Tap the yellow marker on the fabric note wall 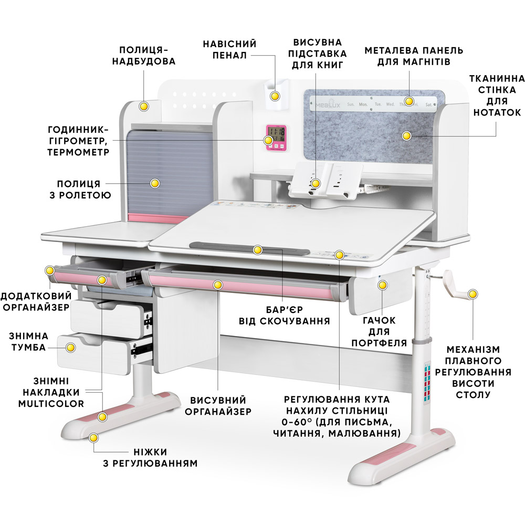click(x=406, y=136)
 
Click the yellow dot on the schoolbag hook click(x=382, y=285)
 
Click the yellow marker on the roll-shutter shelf click(x=155, y=183)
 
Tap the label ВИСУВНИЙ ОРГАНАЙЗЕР click(x=218, y=406)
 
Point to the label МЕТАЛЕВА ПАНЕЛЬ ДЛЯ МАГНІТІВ click(x=414, y=56)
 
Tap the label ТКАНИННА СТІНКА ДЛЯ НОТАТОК click(x=497, y=96)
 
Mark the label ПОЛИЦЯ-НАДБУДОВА click(x=143, y=55)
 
